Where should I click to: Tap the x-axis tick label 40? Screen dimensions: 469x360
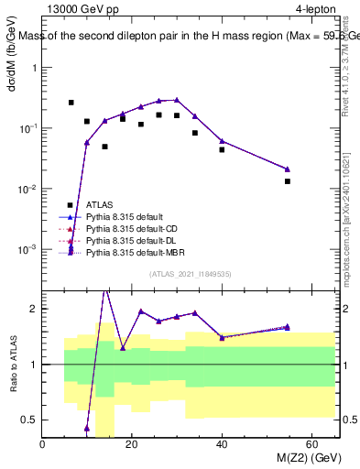(x=222, y=444)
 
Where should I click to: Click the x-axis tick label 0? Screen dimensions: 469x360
(x=43, y=444)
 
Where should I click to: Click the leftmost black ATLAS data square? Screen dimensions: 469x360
(x=71, y=103)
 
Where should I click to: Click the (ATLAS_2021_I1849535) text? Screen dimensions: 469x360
(x=191, y=273)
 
